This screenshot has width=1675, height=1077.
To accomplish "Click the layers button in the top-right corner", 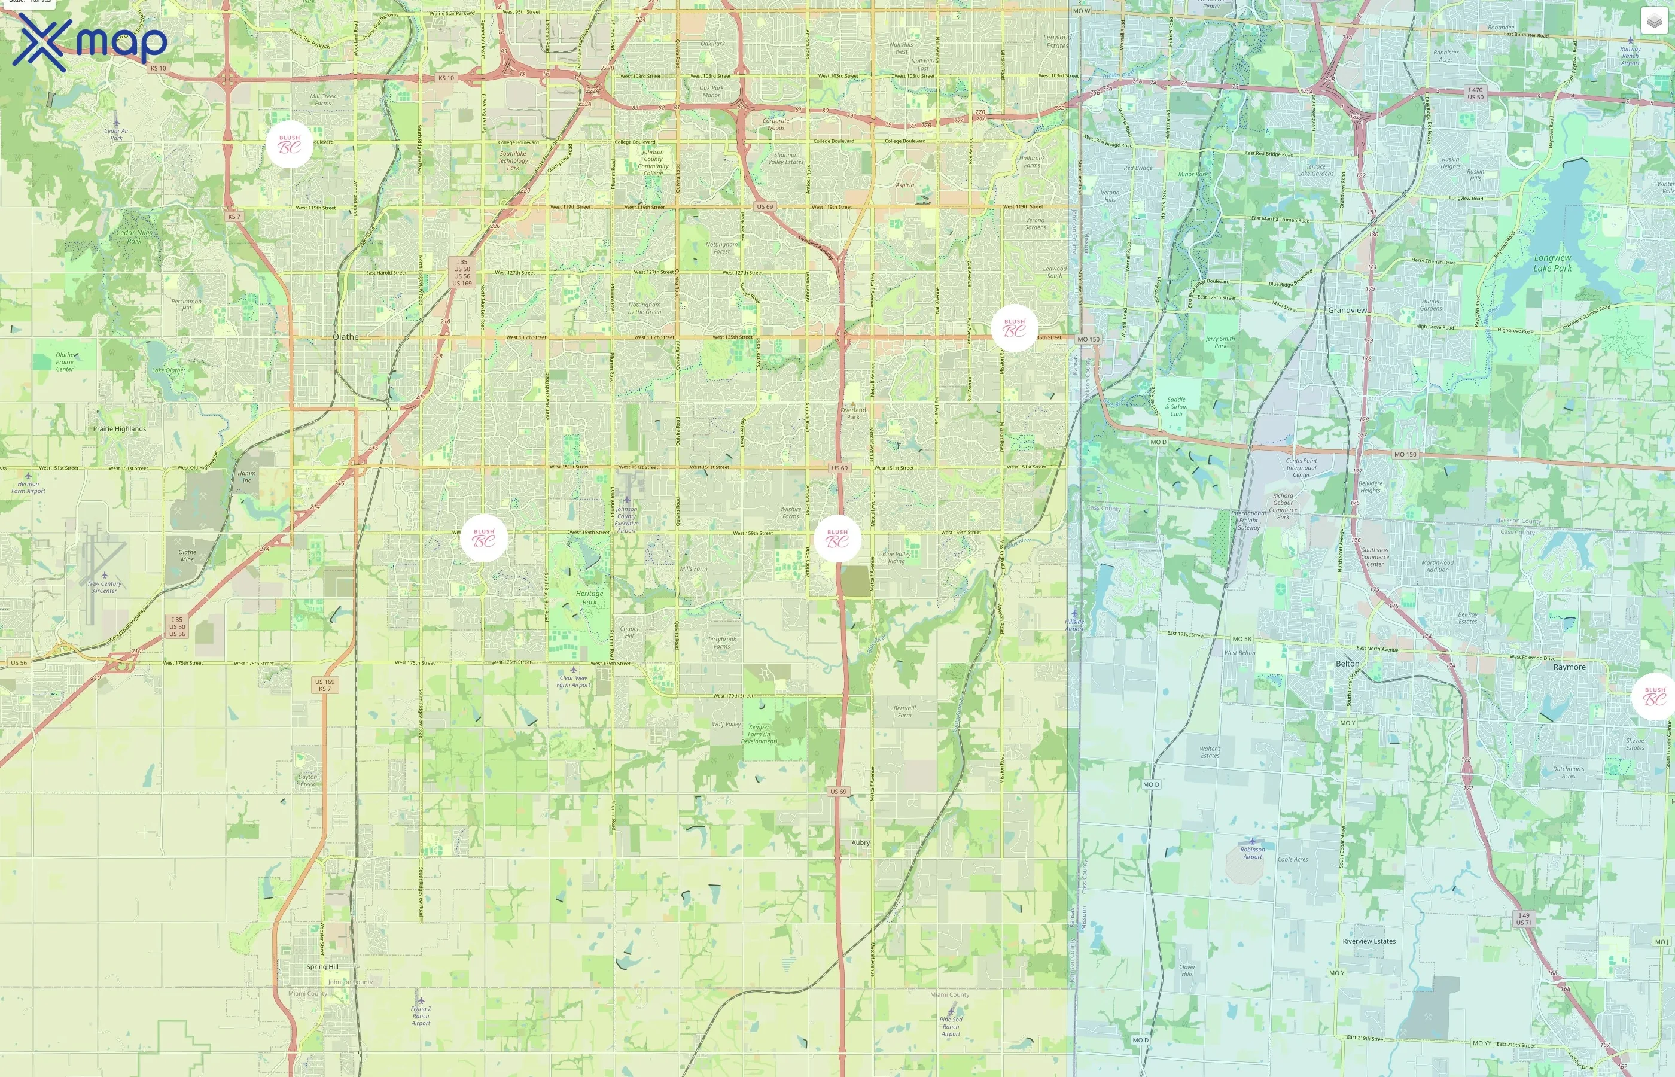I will (1653, 21).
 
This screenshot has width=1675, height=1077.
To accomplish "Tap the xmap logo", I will (90, 42).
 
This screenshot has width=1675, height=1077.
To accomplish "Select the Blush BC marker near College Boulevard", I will (290, 145).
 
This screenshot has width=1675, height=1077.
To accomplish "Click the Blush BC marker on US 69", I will (837, 538).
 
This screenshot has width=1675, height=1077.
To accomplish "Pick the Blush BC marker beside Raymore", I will (1654, 696).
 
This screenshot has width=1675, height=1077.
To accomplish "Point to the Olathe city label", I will (345, 337).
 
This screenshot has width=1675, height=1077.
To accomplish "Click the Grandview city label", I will (1347, 310).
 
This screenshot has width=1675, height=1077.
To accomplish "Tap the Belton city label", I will (1347, 664).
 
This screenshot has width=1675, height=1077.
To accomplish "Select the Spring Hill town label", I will (322, 966).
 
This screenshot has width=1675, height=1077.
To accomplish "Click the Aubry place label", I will (861, 842).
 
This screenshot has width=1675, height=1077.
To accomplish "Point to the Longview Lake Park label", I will (1552, 263).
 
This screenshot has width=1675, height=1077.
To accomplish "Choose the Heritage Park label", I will (589, 597).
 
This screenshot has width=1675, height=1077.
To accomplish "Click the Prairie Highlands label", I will (120, 428).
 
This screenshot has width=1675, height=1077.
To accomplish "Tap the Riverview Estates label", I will (1369, 941).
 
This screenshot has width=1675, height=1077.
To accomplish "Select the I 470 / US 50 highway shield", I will (1475, 93).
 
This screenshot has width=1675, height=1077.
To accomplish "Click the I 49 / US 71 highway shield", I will (1524, 919).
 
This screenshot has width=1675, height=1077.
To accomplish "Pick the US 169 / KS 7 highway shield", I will (324, 684).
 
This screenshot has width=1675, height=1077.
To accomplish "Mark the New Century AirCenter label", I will (104, 587).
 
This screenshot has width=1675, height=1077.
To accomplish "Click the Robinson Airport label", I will (1252, 853).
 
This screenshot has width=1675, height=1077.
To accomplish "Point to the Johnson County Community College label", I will (653, 162).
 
